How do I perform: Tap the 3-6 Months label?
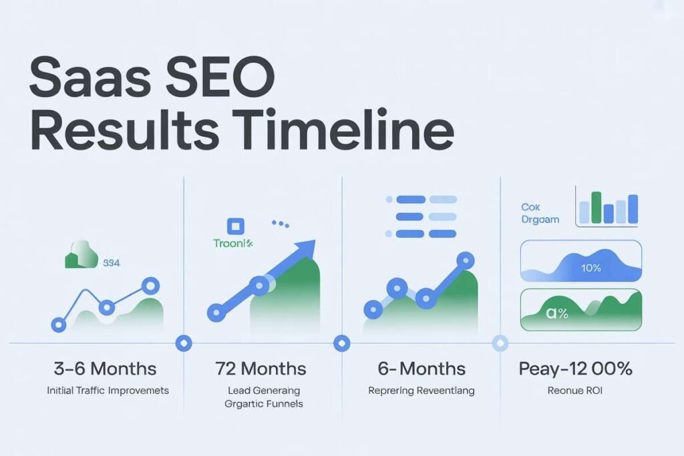[105, 368]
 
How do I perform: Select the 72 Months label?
[261, 368]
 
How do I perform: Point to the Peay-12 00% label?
[575, 368]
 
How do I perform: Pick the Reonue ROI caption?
[575, 390]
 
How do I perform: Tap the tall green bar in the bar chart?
[596, 207]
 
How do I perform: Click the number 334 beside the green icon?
[112, 262]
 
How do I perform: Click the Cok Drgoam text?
[540, 214]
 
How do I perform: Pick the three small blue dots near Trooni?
[279, 224]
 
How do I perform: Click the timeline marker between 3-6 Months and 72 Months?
[183, 343]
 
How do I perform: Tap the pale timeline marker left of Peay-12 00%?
[500, 343]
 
